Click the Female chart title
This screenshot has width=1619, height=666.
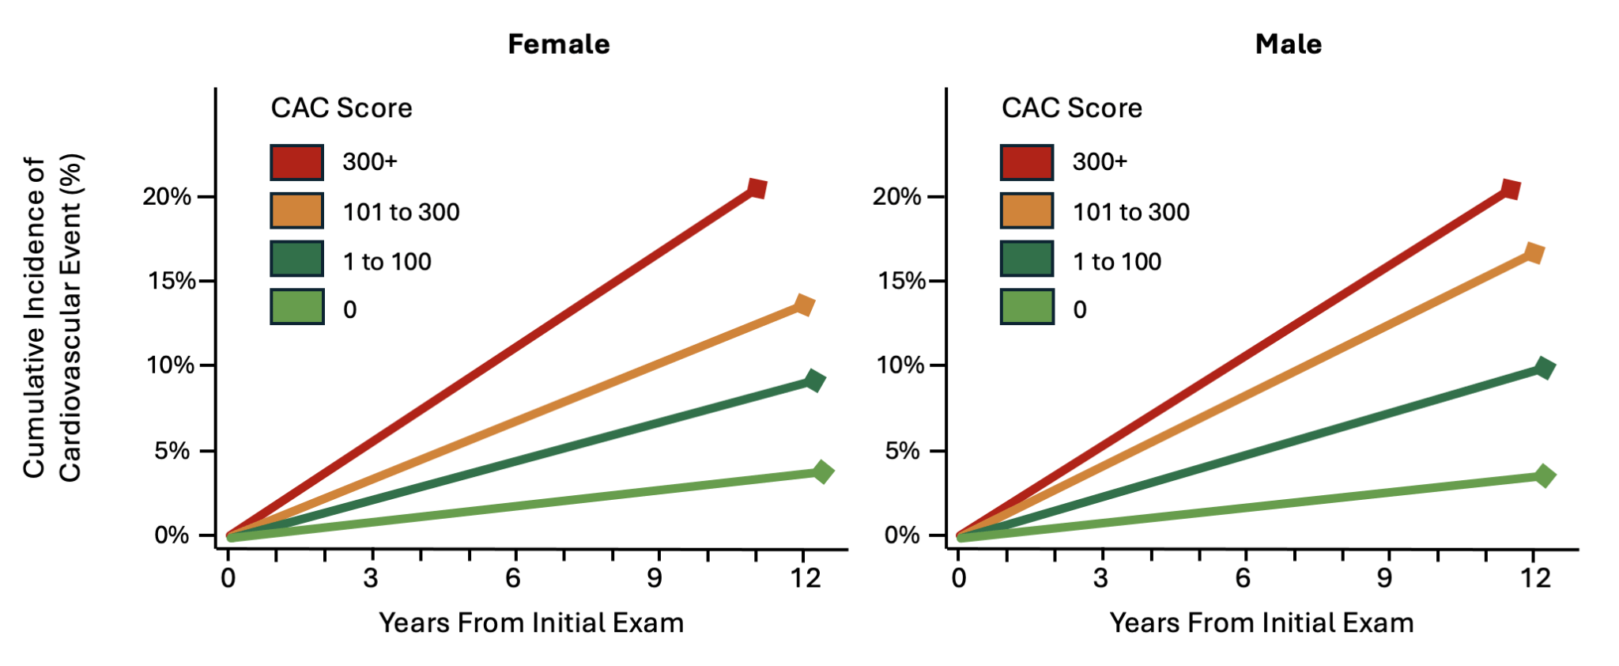(x=558, y=44)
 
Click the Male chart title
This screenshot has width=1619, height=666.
(x=1288, y=44)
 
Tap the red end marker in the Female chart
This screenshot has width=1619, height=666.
(x=757, y=189)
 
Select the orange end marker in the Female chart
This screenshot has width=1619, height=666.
(x=804, y=305)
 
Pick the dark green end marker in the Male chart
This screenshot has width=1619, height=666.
(x=1544, y=369)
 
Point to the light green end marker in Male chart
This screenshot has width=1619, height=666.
(x=1544, y=476)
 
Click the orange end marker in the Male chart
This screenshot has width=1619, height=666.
(x=1534, y=253)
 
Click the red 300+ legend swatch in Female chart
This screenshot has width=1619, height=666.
(x=297, y=162)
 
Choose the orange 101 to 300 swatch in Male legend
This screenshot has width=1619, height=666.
(x=1027, y=211)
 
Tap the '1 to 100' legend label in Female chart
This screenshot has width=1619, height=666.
(x=387, y=262)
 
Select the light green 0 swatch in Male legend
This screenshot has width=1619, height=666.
(x=1027, y=307)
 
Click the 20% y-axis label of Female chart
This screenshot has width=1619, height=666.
(x=167, y=196)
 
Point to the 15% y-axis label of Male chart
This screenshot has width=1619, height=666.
(x=901, y=281)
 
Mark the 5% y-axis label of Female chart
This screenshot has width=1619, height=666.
(x=172, y=451)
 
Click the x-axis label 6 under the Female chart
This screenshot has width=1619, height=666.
(x=513, y=578)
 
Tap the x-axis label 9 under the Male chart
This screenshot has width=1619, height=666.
(x=1384, y=578)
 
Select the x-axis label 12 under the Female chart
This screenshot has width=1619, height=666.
(x=806, y=578)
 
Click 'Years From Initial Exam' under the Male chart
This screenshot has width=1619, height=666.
(x=1261, y=623)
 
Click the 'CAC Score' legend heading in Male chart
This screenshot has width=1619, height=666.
(x=1071, y=108)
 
